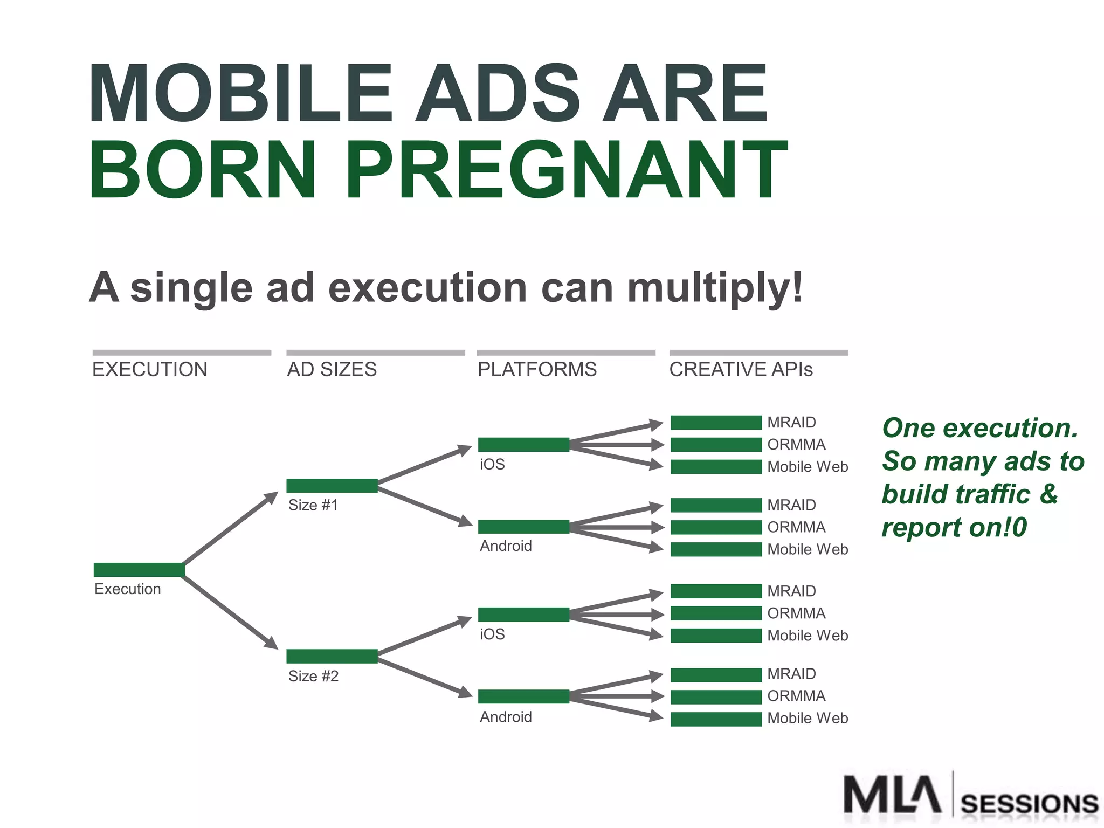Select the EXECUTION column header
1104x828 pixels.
point(150,369)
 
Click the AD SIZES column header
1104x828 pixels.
point(332,369)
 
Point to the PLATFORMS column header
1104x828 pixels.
point(537,369)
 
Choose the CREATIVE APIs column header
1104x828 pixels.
point(741,369)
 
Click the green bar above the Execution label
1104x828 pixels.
point(139,569)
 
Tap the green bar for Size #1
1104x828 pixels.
point(332,485)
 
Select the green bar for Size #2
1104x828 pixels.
point(332,656)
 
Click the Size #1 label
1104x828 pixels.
point(313,505)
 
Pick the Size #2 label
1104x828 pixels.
point(314,676)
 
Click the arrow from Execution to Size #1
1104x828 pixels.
point(231,528)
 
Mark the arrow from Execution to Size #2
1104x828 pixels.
point(231,612)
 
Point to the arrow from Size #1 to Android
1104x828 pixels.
point(425,506)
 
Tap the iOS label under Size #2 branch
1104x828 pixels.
point(492,634)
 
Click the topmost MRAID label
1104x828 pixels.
point(791,422)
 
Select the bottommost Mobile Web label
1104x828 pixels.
point(808,718)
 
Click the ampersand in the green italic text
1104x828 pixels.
point(1048,494)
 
